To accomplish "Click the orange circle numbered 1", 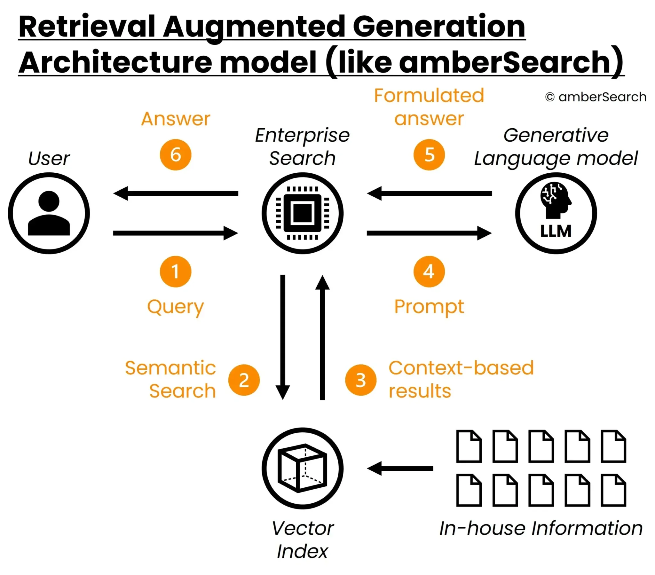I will coord(175,272).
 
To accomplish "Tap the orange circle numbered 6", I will coord(175,155).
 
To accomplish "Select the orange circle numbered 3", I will coord(360,380).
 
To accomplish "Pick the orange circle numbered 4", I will coord(429,272).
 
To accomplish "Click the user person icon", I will coord(49,213).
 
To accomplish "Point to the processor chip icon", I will coord(302,213).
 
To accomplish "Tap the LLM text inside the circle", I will coord(556,231).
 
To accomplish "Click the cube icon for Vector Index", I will coord(302,468).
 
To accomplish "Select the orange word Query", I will coord(175,307).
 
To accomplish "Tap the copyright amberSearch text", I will coord(596,97).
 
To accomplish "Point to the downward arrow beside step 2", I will coord(283,336).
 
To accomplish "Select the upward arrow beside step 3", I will coord(322,336).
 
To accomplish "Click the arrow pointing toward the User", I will coord(176,193).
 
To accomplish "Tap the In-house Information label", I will coord(541,528).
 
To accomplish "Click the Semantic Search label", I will coord(170,380).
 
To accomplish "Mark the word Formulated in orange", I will coord(429,96).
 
